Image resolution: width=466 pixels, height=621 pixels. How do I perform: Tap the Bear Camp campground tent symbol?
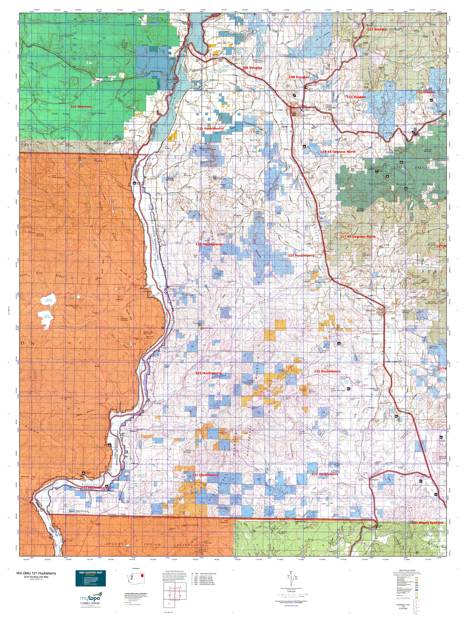[401, 162]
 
